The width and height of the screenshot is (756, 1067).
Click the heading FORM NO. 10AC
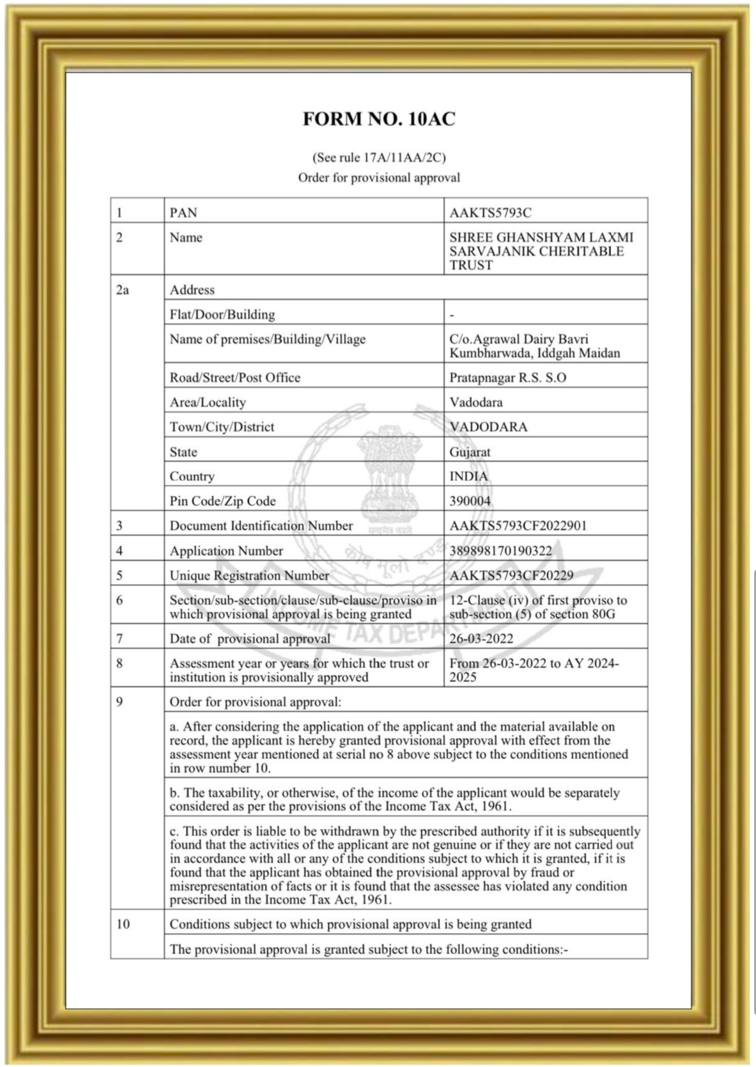(x=378, y=119)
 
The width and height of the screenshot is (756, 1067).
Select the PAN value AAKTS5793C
(x=490, y=213)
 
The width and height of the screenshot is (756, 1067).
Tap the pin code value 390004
(x=470, y=501)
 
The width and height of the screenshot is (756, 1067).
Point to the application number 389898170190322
(x=500, y=550)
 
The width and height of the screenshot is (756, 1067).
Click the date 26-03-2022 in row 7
(x=481, y=638)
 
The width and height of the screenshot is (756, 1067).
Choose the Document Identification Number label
(x=261, y=525)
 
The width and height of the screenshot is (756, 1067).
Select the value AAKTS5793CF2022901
(x=518, y=525)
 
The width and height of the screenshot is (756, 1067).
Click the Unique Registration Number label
(x=249, y=575)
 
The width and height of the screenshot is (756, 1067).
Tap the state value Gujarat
(x=470, y=452)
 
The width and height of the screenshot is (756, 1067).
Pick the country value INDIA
(x=468, y=476)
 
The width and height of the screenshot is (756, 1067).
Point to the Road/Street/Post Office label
(x=235, y=377)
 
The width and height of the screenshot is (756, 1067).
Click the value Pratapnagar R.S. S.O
(x=507, y=377)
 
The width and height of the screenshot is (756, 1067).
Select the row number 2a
(x=122, y=289)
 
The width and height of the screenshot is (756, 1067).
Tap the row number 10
(x=122, y=923)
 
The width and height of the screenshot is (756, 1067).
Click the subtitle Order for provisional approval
(x=379, y=178)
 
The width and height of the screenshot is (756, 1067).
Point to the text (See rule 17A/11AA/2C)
(x=379, y=157)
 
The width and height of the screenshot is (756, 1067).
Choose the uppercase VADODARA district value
(x=488, y=427)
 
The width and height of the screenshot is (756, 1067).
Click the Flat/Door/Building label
(x=222, y=314)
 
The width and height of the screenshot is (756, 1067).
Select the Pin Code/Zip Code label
(x=223, y=501)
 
